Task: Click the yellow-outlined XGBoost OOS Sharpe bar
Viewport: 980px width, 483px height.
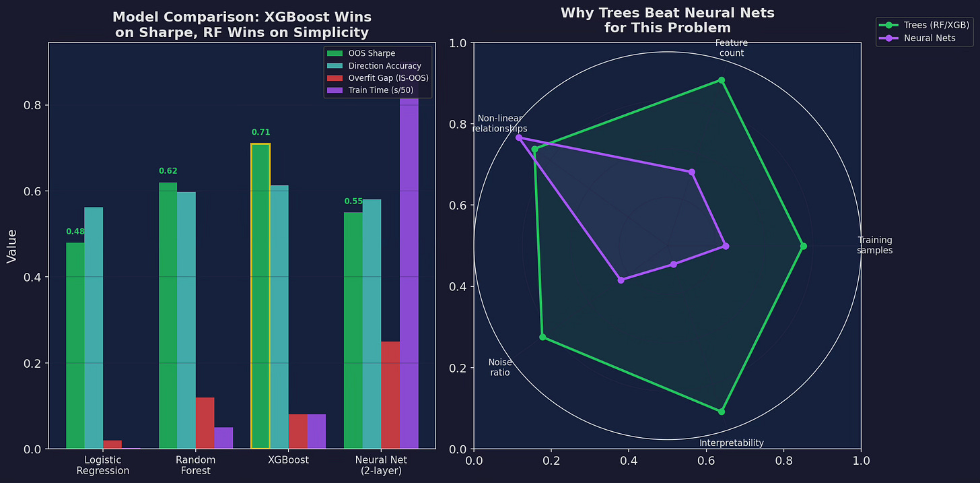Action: (x=260, y=296)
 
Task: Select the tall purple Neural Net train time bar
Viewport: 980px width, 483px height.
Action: (x=409, y=263)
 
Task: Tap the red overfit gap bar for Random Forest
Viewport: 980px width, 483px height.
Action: (x=205, y=423)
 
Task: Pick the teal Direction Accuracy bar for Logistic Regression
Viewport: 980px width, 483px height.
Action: (x=94, y=328)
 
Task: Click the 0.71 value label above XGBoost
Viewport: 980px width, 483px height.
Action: (x=260, y=132)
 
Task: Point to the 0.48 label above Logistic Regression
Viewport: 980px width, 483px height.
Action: (x=75, y=232)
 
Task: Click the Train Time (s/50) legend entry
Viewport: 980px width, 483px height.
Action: (x=370, y=90)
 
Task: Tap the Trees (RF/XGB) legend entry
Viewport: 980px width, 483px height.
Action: (x=924, y=26)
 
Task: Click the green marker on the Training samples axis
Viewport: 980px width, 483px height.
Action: (x=803, y=246)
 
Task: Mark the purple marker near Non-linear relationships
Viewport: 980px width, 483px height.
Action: (x=519, y=137)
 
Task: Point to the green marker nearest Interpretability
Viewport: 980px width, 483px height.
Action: (x=722, y=412)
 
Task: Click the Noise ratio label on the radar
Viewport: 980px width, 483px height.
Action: (x=500, y=367)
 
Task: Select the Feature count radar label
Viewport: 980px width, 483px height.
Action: (x=732, y=48)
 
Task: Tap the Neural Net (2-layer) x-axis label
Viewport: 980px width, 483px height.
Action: (x=381, y=465)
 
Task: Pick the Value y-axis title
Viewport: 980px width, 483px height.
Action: (x=12, y=246)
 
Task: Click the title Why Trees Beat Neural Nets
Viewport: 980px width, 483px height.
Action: (x=668, y=13)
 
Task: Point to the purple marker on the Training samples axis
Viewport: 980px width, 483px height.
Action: (x=726, y=246)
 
